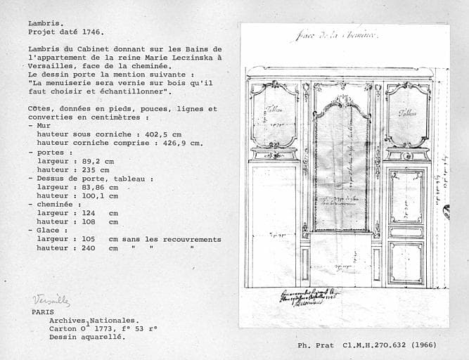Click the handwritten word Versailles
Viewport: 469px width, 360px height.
[51, 301]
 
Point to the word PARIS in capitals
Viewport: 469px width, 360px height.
[42, 311]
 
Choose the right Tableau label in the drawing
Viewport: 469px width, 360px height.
[407, 112]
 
